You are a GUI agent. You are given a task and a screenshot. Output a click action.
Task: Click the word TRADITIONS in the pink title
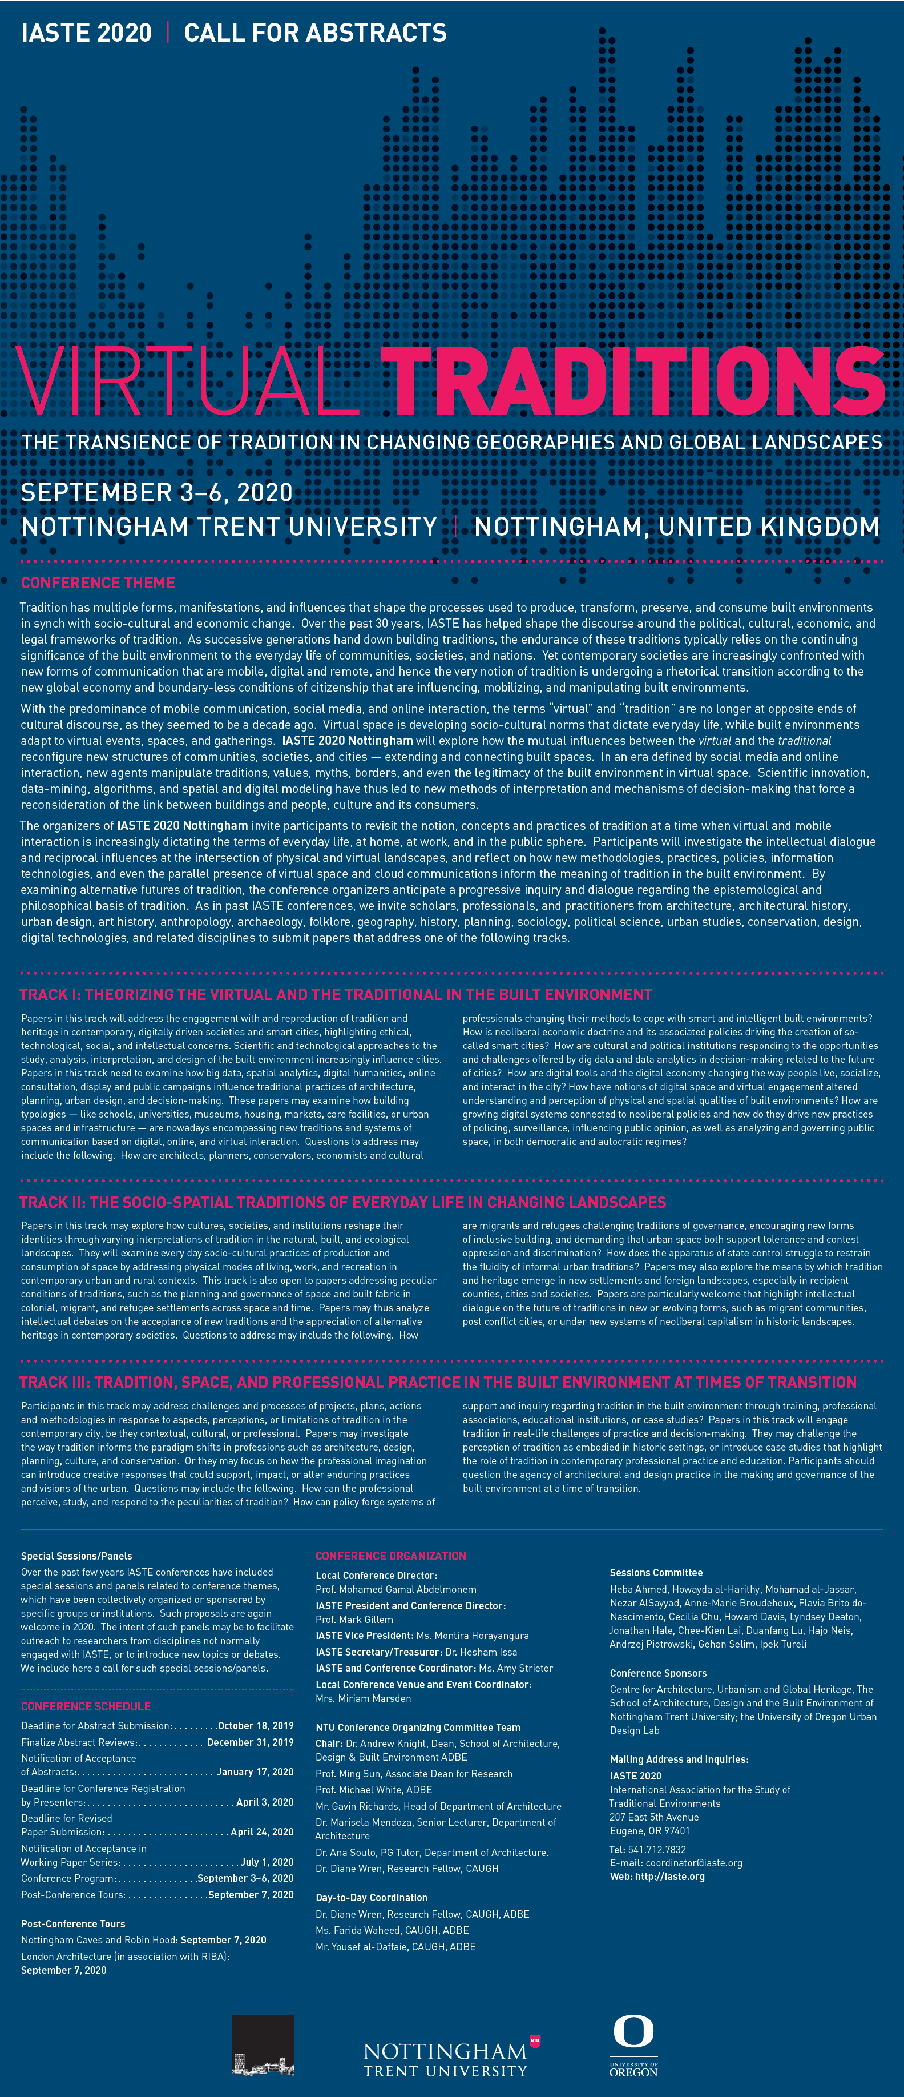click(632, 380)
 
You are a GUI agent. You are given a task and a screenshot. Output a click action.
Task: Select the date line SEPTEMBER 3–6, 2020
click(156, 492)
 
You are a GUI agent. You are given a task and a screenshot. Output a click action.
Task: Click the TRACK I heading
click(335, 994)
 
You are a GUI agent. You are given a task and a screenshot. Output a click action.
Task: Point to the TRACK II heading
click(342, 1202)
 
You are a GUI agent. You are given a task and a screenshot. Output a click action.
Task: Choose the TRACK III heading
click(438, 1382)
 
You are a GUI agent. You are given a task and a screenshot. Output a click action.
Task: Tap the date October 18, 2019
click(256, 1726)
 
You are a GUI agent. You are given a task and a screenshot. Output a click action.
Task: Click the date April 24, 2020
click(262, 1831)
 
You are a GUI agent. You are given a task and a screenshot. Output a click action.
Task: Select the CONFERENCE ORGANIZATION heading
click(390, 1556)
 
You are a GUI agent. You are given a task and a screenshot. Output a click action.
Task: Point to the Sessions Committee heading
click(656, 1573)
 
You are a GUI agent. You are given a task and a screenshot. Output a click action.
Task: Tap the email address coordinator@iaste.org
click(693, 1862)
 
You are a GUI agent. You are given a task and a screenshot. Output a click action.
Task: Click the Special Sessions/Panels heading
click(76, 1556)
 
